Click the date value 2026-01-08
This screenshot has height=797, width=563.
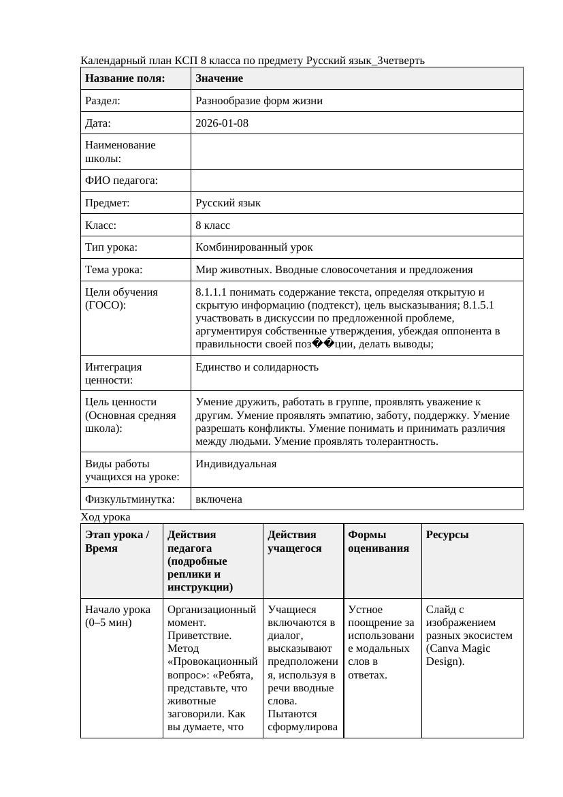[221, 123]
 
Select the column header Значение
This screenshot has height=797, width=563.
[219, 79]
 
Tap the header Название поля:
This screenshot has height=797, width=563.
[125, 79]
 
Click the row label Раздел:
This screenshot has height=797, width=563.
[102, 101]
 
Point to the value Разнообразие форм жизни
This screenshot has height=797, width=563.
[259, 101]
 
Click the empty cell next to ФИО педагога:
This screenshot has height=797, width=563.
[356, 181]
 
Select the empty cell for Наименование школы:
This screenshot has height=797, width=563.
[356, 151]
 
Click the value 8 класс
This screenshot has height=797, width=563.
[212, 225]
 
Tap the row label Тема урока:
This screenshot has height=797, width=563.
[114, 270]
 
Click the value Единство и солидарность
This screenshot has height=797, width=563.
[257, 367]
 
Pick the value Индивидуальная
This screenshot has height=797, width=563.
[236, 464]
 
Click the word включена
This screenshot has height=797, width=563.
[219, 499]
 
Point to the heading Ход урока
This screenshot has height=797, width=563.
[105, 517]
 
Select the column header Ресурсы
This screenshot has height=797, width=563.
[447, 535]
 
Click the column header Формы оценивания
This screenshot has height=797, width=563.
[379, 542]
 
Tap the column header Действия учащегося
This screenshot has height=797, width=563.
[295, 542]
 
